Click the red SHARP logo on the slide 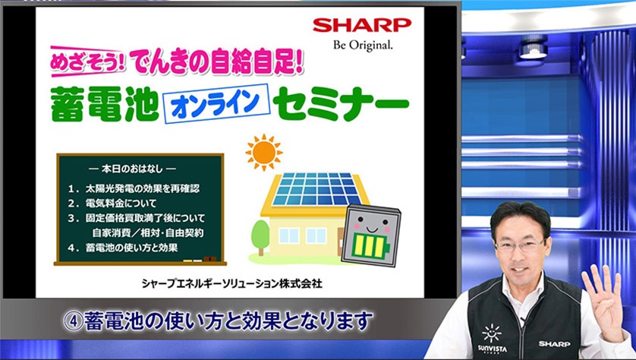[x=362, y=26]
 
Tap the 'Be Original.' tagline [x=363, y=45]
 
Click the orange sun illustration [x=264, y=152]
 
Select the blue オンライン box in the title [x=216, y=103]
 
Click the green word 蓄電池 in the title [x=105, y=105]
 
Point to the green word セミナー [x=340, y=106]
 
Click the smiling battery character [x=371, y=235]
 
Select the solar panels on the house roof [x=316, y=189]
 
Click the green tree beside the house [x=260, y=237]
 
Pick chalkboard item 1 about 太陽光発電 [x=134, y=188]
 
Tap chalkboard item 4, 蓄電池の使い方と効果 [x=123, y=247]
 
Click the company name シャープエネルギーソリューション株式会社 [x=232, y=284]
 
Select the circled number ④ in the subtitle [x=73, y=321]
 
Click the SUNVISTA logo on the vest [x=493, y=338]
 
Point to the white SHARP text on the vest [x=554, y=344]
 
